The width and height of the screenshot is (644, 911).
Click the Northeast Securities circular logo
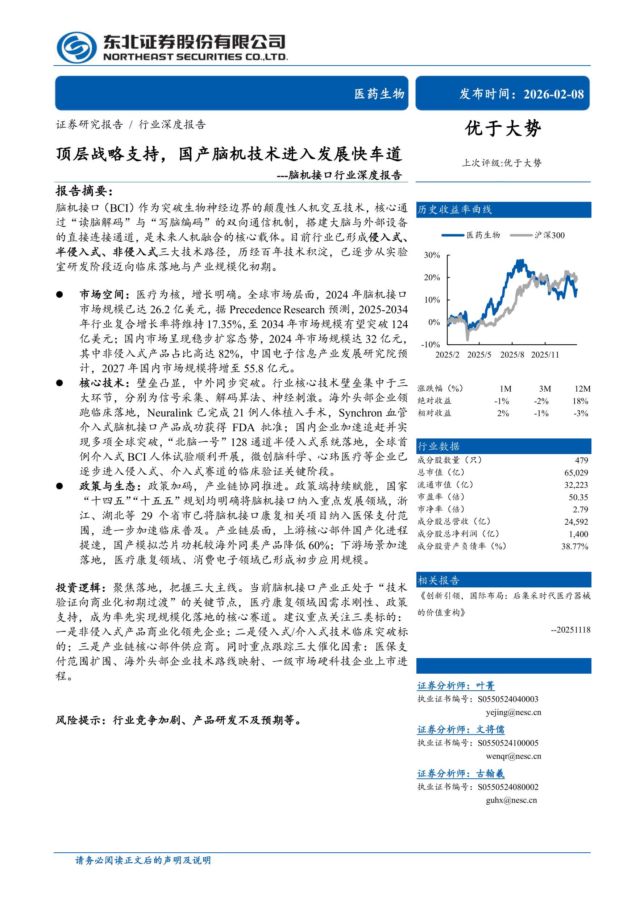(76, 47)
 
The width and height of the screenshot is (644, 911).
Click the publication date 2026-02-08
(553, 94)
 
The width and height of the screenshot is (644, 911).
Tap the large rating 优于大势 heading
(503, 129)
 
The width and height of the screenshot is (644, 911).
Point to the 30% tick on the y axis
(432, 255)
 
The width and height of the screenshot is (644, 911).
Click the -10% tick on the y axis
(431, 344)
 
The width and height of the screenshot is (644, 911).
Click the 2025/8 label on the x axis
(512, 355)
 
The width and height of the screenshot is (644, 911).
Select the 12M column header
(582, 389)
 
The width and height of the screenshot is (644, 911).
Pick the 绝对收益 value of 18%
(580, 401)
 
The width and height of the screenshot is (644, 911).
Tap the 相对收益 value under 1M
(503, 413)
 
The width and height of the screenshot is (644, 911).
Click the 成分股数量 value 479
(581, 460)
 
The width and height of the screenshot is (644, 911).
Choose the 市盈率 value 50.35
(578, 497)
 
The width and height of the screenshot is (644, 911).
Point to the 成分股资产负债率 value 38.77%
(574, 546)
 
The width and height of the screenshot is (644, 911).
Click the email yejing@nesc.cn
(513, 712)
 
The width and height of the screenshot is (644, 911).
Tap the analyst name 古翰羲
(490, 773)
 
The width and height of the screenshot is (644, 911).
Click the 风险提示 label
(78, 720)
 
